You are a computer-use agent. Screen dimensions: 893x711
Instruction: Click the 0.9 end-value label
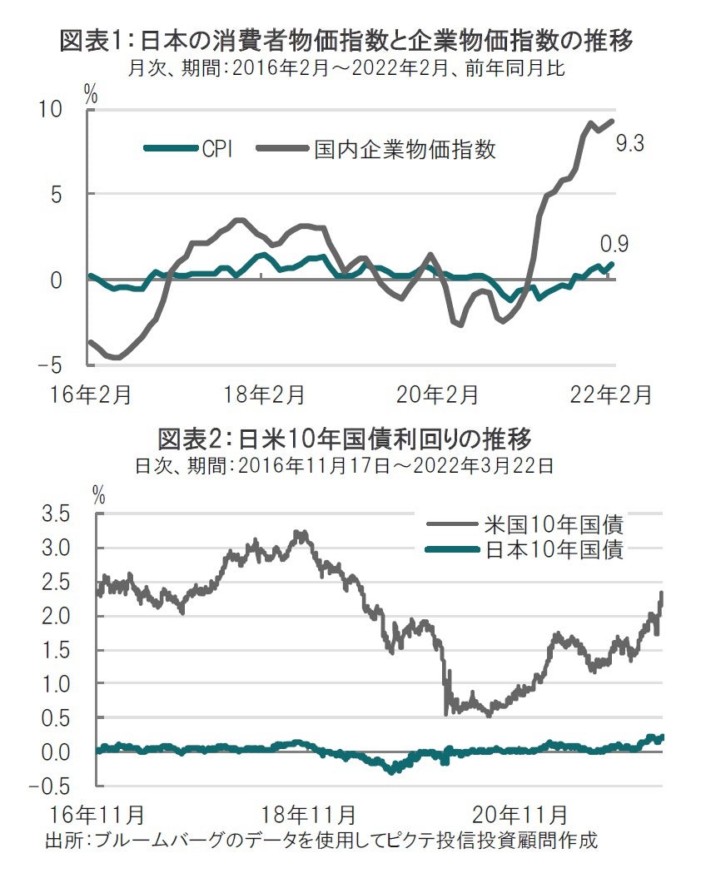(614, 244)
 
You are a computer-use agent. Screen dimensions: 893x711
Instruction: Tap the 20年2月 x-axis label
(439, 394)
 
